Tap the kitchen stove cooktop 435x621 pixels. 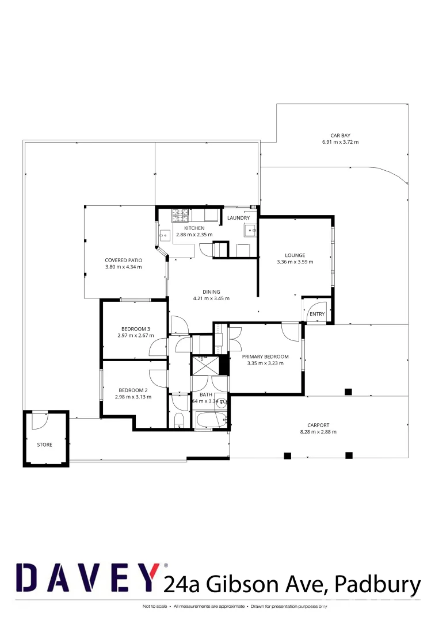[180, 216]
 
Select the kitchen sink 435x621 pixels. [165, 235]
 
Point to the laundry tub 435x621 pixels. [251, 231]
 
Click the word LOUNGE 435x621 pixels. [295, 255]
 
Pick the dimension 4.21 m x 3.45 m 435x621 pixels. [211, 298]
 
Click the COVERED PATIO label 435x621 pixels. [123, 260]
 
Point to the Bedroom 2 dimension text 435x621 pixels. [132, 397]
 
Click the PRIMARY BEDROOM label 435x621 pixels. [265, 356]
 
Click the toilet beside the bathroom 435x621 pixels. [178, 420]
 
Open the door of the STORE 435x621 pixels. [39, 421]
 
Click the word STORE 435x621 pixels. [44, 444]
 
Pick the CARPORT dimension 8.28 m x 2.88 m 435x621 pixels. [318, 432]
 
